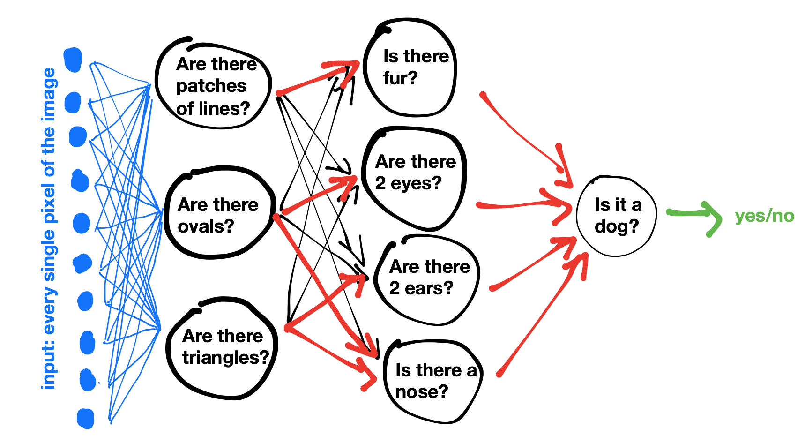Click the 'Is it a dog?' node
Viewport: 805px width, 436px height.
pos(616,216)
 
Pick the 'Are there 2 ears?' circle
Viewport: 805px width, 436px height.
pos(427,279)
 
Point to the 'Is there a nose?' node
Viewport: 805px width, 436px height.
pos(432,381)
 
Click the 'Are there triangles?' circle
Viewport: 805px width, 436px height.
pos(222,347)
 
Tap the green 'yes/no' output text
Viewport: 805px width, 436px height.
pos(764,216)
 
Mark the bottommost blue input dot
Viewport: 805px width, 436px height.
pos(86,418)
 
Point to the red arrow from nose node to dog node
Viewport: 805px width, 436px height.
pos(539,319)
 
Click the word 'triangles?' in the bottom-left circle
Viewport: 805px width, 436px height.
pos(225,358)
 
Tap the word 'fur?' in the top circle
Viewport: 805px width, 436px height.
pos(400,78)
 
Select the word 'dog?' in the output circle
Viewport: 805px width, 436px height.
pos(616,226)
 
